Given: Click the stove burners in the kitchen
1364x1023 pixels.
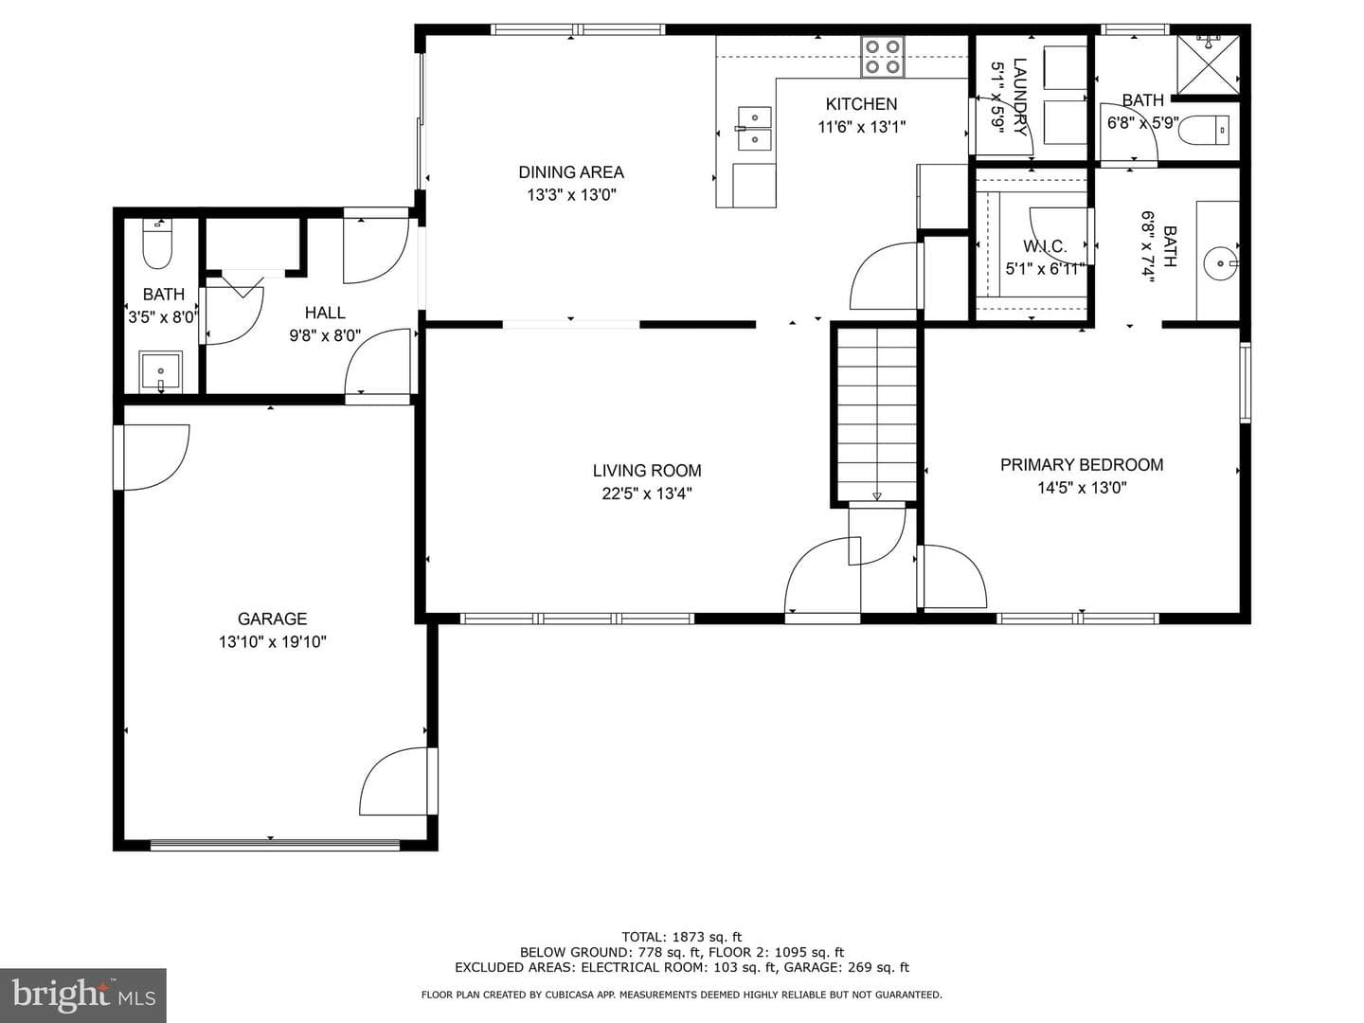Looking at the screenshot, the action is click(x=883, y=57).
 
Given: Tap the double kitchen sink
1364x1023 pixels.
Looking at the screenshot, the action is click(x=755, y=129).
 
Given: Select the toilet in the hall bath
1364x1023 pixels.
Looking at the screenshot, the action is click(x=156, y=243).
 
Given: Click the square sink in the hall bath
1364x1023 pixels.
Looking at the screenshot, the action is click(x=160, y=372).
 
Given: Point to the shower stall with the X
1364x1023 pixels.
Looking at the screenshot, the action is click(x=1208, y=65).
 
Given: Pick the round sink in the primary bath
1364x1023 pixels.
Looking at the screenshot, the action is click(x=1220, y=263).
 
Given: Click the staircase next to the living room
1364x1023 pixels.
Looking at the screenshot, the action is click(x=876, y=414).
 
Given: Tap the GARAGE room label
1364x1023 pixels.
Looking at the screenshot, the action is click(x=272, y=619).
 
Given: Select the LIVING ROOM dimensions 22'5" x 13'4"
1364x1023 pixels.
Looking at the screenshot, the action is click(x=647, y=494).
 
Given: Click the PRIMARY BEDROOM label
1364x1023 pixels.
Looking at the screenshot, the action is click(x=1082, y=464).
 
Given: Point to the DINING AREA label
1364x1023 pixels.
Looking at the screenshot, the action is click(x=571, y=172).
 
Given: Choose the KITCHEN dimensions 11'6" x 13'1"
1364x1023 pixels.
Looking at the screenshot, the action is click(x=861, y=127).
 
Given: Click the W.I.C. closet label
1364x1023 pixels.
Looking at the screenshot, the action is click(x=1045, y=246).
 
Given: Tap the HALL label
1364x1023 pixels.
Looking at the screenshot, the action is click(x=325, y=313).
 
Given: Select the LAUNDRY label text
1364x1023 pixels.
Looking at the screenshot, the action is click(x=1020, y=97).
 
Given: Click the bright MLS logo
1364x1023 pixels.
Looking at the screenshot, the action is click(x=83, y=995).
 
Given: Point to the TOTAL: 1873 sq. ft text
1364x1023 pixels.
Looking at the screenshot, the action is click(x=682, y=937).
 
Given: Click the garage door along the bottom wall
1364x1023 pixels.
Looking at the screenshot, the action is click(x=275, y=845).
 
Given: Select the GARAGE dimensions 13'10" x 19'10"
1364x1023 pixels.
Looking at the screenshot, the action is click(x=272, y=641).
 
